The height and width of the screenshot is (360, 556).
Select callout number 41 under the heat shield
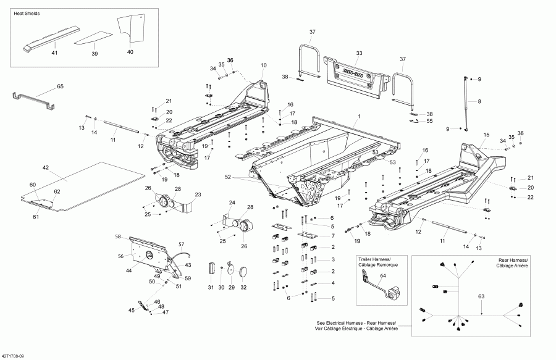pos(54,54)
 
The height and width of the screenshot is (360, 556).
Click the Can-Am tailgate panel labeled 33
pos(355,77)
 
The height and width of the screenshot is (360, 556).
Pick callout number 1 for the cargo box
pos(358,116)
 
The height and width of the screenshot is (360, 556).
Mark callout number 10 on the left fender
pos(264,65)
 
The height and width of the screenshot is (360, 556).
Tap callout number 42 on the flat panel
pos(45,168)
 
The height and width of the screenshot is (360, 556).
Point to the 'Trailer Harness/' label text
pos(374,257)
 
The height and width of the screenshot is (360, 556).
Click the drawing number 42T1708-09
pos(14,356)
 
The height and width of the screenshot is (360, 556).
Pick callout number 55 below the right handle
pos(429,122)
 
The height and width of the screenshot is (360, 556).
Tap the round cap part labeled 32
pos(243,270)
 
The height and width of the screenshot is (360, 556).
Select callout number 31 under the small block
pos(210,288)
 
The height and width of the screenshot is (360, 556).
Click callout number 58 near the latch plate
pos(117,237)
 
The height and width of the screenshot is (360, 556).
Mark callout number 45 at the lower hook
pos(130,310)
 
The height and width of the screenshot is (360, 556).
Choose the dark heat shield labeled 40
pos(130,28)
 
